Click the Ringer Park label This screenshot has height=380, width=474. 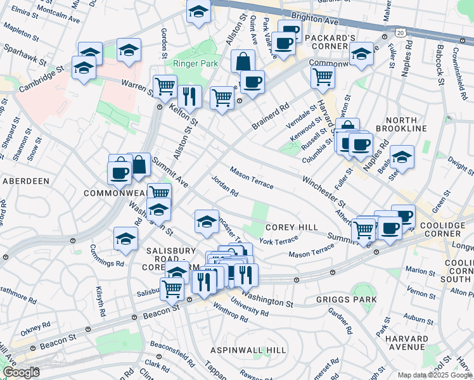196,64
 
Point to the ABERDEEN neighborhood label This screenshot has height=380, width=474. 26,181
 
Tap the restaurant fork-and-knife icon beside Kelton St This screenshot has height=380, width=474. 189,96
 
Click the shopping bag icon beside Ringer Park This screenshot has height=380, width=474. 243,61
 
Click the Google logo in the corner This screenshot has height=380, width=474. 21,372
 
